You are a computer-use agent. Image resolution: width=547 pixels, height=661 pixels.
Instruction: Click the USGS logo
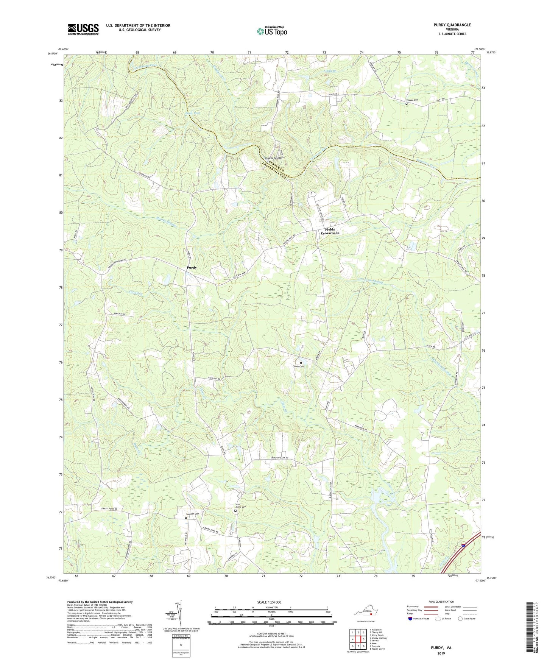83,29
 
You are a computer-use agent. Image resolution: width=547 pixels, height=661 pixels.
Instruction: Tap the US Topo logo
271,31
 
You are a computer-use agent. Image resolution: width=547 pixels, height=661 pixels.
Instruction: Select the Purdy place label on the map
192,267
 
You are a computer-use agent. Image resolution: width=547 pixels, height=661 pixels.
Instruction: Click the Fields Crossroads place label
330,231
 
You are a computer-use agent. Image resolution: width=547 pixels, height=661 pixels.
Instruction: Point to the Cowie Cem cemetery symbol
301,363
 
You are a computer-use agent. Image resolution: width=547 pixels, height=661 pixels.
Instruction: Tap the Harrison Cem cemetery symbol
185,518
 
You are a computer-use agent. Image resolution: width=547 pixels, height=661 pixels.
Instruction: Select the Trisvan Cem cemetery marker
407,104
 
